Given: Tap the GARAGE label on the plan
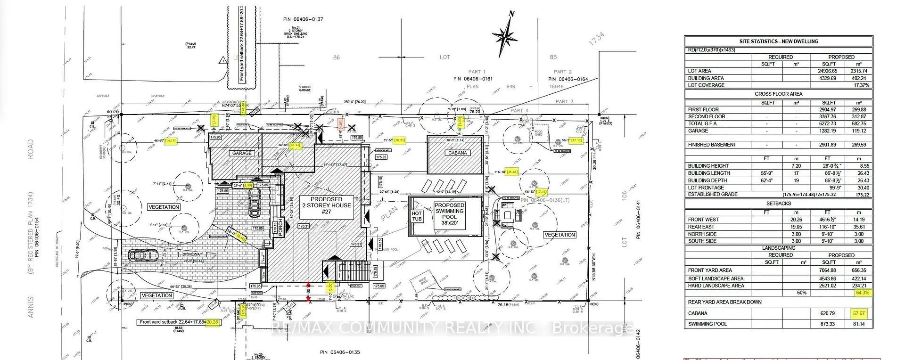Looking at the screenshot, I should pyautogui.click(x=242, y=153).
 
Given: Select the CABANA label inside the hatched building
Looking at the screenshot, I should pyautogui.click(x=457, y=153).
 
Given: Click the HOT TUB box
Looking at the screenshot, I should pyautogui.click(x=417, y=216).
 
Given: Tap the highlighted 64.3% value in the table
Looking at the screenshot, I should pyautogui.click(x=863, y=293).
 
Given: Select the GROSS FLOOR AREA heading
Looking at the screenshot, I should pyautogui.click(x=778, y=94).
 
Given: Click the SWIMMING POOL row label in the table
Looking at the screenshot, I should pyautogui.click(x=707, y=324).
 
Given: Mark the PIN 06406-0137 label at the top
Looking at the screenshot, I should pyautogui.click(x=304, y=19).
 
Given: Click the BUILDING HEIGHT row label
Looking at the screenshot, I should pyautogui.click(x=708, y=166).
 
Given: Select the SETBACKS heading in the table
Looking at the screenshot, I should pyautogui.click(x=778, y=204).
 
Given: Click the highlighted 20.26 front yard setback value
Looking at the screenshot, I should pyautogui.click(x=213, y=322).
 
